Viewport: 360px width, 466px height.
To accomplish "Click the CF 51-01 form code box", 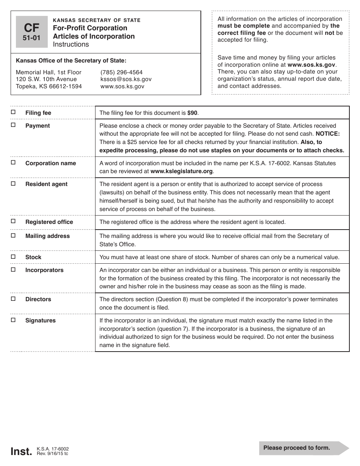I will click(x=32, y=32).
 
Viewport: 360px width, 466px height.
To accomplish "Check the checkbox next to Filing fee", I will click(x=13, y=112).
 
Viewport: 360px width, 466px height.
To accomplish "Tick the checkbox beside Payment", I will click(x=13, y=125).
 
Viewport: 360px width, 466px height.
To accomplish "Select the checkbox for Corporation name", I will click(x=13, y=163).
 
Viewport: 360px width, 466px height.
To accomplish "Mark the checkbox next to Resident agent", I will click(x=13, y=183).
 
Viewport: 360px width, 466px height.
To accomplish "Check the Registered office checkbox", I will click(x=13, y=221).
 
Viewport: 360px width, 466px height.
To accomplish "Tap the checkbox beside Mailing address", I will click(x=13, y=235).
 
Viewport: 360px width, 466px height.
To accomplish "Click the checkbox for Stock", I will click(x=13, y=256).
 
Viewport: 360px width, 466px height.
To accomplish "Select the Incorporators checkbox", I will click(x=13, y=269).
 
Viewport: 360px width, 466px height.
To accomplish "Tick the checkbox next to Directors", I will click(x=13, y=299).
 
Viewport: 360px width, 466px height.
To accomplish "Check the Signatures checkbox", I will click(x=13, y=320).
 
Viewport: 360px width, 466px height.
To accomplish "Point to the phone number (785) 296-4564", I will click(x=121, y=72).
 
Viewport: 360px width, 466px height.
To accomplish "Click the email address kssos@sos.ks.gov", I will click(x=126, y=79).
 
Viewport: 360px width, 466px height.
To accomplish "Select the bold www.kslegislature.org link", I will click(x=182, y=171).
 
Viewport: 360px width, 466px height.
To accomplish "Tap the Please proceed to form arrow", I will click(x=304, y=448).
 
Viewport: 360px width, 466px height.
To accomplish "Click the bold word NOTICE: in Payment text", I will click(x=328, y=134).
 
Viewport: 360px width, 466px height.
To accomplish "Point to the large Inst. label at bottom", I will click(x=21, y=451).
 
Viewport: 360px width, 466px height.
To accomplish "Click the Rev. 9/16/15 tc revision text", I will click(x=53, y=453).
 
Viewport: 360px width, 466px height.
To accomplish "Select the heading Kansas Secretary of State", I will click(x=97, y=20).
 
